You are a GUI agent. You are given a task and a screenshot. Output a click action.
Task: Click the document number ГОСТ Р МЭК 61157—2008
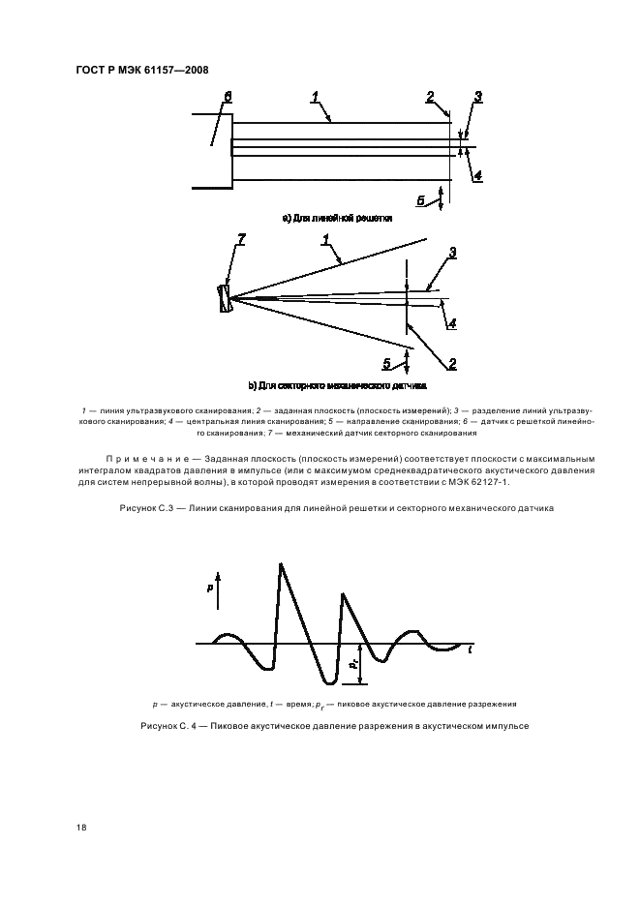(x=141, y=71)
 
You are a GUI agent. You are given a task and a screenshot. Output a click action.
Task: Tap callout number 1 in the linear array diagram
(x=316, y=95)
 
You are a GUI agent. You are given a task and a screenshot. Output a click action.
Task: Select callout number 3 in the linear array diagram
(x=478, y=96)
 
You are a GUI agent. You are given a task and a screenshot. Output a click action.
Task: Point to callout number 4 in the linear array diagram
(x=478, y=176)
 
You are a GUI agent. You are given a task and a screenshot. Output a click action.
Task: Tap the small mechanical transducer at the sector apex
(x=226, y=297)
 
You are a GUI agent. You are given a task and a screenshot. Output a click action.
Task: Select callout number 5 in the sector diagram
(x=388, y=364)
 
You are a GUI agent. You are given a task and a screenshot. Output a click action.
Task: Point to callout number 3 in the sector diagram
(x=451, y=253)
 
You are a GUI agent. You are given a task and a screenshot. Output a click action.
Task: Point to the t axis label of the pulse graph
(x=471, y=649)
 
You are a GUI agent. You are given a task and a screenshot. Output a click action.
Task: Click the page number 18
(x=81, y=828)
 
